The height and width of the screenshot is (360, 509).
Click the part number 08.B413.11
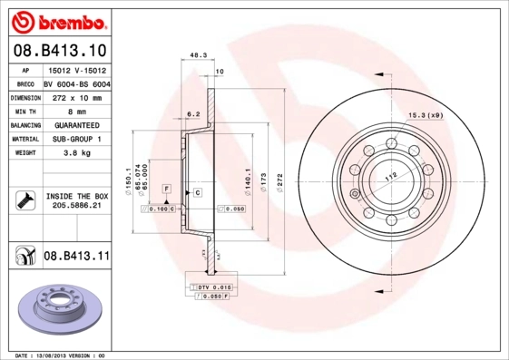pos(76,257)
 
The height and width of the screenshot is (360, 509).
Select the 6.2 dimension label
pos(192,114)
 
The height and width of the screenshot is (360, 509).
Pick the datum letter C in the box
pos(196,193)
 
